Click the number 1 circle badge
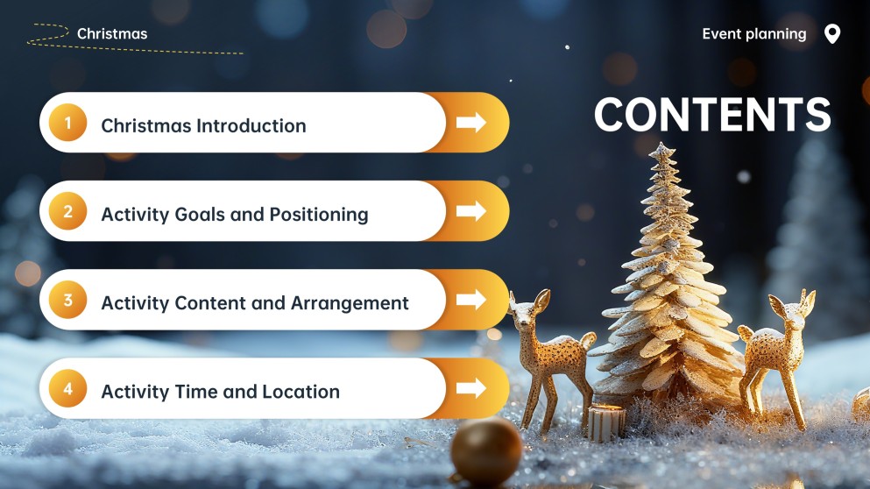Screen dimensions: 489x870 click(x=67, y=123)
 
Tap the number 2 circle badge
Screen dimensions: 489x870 click(x=67, y=211)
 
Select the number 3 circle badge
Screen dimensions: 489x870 click(x=67, y=301)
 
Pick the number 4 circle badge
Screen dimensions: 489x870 click(x=67, y=389)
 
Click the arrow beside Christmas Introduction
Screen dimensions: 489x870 click(x=471, y=123)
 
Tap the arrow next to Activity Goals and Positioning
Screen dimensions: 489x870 click(x=471, y=211)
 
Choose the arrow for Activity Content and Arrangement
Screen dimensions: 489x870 click(x=471, y=300)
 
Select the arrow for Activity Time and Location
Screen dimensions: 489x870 click(x=471, y=388)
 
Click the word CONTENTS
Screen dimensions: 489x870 click(x=712, y=115)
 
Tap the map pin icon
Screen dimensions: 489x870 click(x=832, y=34)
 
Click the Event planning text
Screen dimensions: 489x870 click(x=753, y=34)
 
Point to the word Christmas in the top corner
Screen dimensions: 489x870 click(x=112, y=34)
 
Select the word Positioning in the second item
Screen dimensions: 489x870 click(x=318, y=215)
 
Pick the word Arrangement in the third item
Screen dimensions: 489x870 click(x=355, y=303)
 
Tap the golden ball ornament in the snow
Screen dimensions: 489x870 click(x=486, y=450)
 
